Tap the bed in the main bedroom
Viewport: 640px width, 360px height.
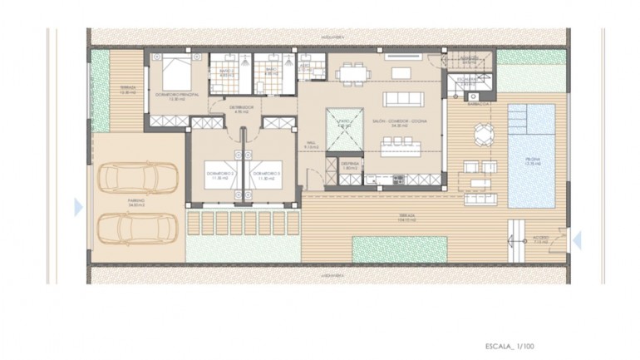click(x=176, y=73)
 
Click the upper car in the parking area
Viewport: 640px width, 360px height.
click(x=137, y=176)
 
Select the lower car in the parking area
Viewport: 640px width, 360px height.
click(x=137, y=227)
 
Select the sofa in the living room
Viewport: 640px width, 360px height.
click(x=403, y=98)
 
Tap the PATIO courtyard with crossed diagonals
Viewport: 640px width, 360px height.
click(x=344, y=130)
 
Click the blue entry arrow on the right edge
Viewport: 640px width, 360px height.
click(x=578, y=240)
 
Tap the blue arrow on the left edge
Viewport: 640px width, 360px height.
click(x=78, y=206)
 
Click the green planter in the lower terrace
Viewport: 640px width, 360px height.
click(x=401, y=247)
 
